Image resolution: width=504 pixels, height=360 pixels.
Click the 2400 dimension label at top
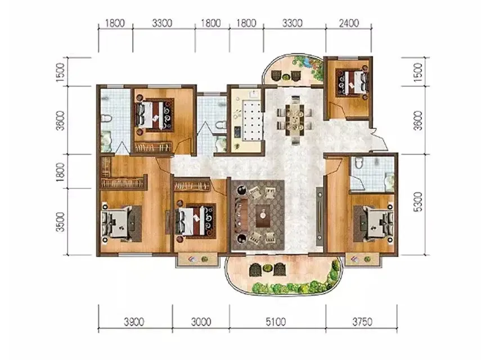pyautogui.click(x=349, y=23)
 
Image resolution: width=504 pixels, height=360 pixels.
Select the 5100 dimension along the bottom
pyautogui.click(x=276, y=321)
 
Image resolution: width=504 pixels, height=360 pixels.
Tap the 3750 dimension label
pyautogui.click(x=362, y=321)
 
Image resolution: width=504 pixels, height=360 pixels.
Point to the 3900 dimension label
pyautogui.click(x=134, y=321)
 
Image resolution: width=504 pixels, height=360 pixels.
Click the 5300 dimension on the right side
pyautogui.click(x=418, y=202)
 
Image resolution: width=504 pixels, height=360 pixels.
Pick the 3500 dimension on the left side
pyautogui.click(x=60, y=222)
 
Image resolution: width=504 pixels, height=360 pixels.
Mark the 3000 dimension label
pyautogui.click(x=201, y=321)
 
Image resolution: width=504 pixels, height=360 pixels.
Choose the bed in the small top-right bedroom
pyautogui.click(x=352, y=82)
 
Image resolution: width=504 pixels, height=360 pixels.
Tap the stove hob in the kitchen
pyautogui.click(x=237, y=131)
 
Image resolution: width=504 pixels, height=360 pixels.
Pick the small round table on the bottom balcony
pyautogui.click(x=267, y=268)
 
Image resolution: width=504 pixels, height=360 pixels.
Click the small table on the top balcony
pyautogui.click(x=286, y=77)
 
